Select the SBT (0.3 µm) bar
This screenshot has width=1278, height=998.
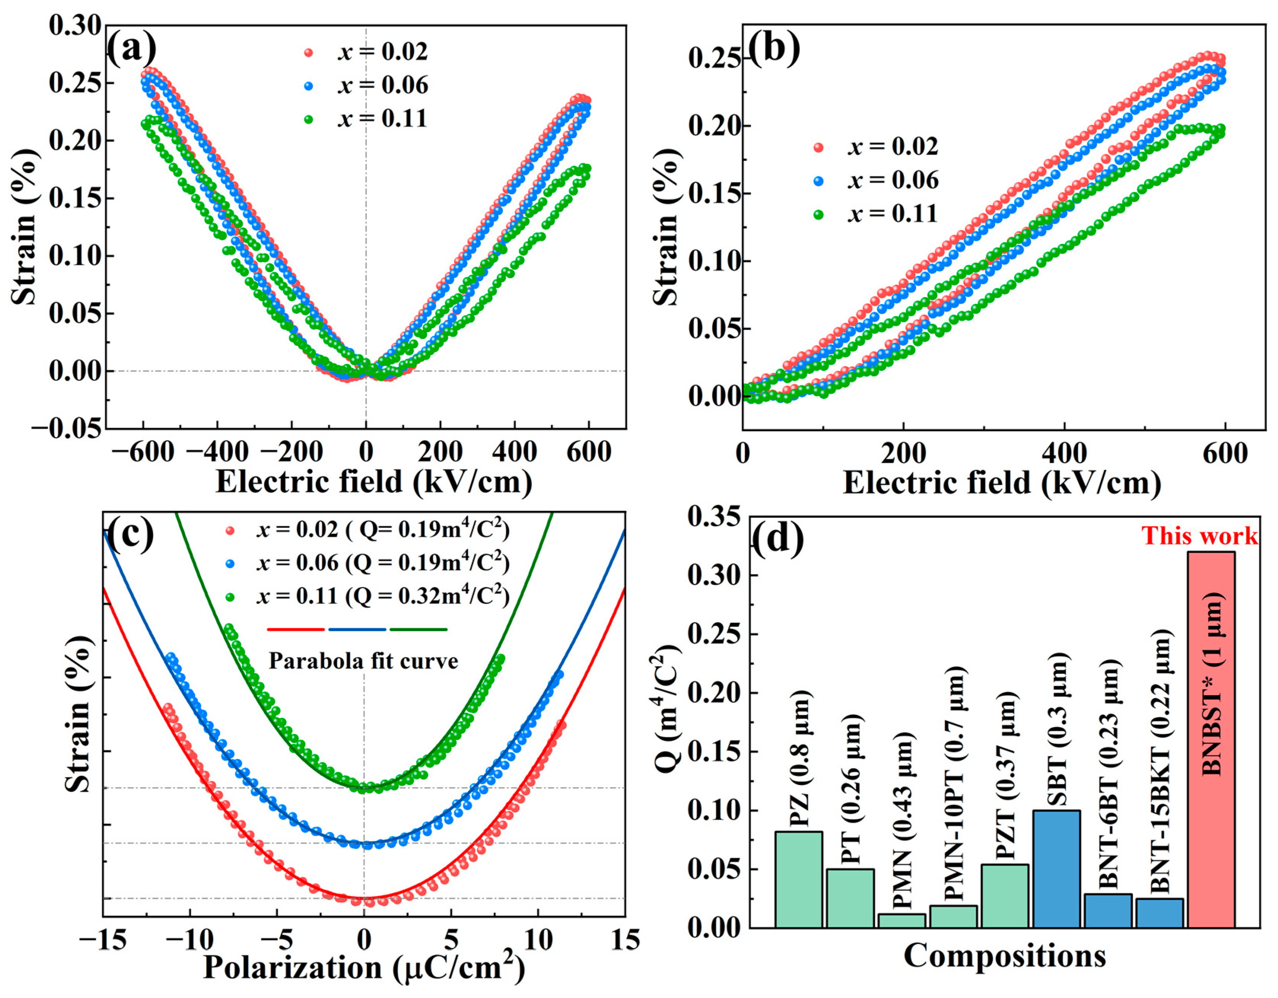coord(1056,869)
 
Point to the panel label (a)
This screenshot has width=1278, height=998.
coord(132,48)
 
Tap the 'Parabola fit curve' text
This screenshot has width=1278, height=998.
coord(363,661)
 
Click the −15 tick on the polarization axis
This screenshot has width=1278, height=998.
coord(103,940)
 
